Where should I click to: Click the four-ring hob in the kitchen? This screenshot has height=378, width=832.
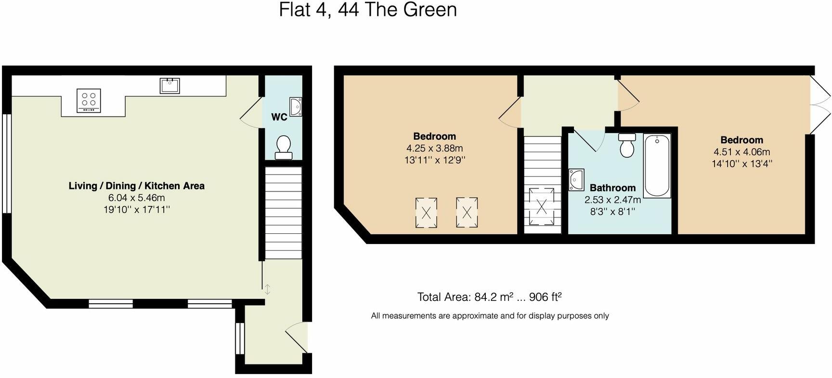click(89, 101)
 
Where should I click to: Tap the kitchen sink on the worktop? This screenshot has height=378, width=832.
click(169, 86)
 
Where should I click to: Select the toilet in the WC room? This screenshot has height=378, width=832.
click(283, 147)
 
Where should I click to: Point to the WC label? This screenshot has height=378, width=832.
click(279, 117)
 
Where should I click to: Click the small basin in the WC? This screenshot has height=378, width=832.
click(296, 107)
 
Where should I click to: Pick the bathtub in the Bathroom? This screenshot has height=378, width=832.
click(657, 166)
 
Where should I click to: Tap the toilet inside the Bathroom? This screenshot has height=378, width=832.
click(627, 145)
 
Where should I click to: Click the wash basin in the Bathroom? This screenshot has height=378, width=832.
click(576, 180)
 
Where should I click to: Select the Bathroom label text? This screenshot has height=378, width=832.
click(612, 188)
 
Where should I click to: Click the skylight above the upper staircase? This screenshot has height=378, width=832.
click(542, 206)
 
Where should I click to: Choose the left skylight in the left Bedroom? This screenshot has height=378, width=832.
click(426, 212)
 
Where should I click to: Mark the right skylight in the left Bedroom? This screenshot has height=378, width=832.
click(467, 212)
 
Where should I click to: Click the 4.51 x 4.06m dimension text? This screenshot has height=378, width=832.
click(741, 152)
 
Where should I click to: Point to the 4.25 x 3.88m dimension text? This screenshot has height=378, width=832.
click(434, 148)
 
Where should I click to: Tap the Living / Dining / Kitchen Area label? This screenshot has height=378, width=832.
click(136, 186)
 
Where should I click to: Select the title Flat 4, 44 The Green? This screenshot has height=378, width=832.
click(368, 10)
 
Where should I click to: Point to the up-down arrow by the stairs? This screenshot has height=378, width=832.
click(268, 289)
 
